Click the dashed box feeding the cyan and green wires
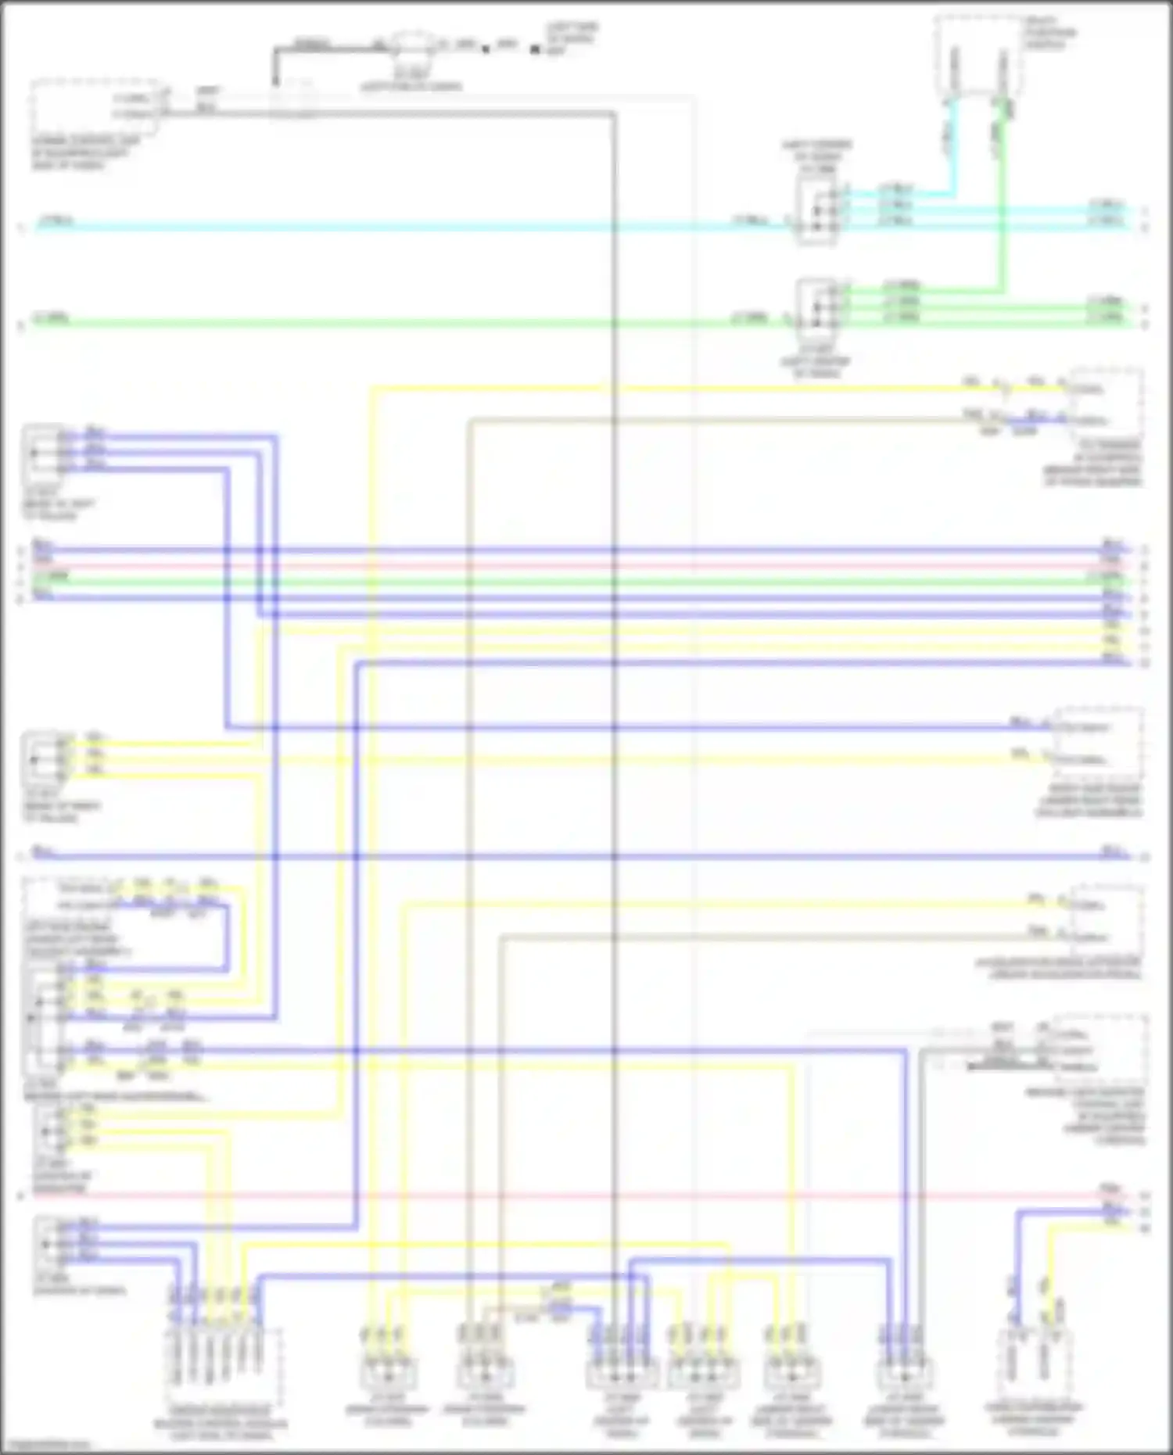click(977, 55)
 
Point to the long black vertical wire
click(615, 704)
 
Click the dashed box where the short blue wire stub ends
click(1107, 403)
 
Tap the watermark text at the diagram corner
click(47, 1446)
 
